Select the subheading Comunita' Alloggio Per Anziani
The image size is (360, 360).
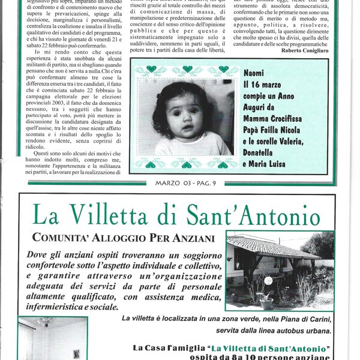point(123,238)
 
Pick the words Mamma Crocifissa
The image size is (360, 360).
point(275,118)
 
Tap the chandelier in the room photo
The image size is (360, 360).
point(46,323)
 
